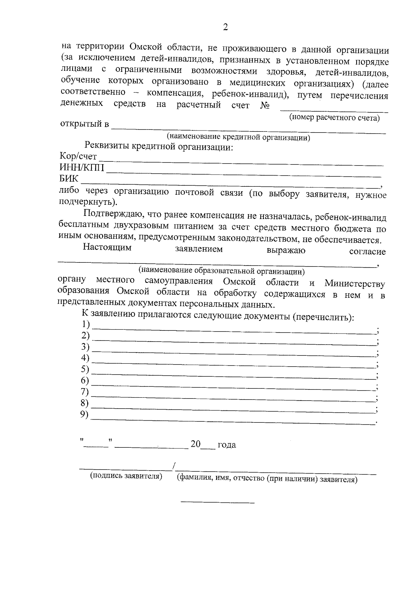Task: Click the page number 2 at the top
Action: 225,27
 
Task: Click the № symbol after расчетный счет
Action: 265,105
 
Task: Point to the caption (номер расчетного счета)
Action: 334,118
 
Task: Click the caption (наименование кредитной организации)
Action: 238,137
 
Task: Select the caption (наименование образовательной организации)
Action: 221,270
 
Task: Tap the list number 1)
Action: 85,324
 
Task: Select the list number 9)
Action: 84,414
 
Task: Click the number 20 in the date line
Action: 196,444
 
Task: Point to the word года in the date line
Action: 227,445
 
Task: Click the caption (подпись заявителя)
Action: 126,476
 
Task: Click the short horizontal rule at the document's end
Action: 218,502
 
